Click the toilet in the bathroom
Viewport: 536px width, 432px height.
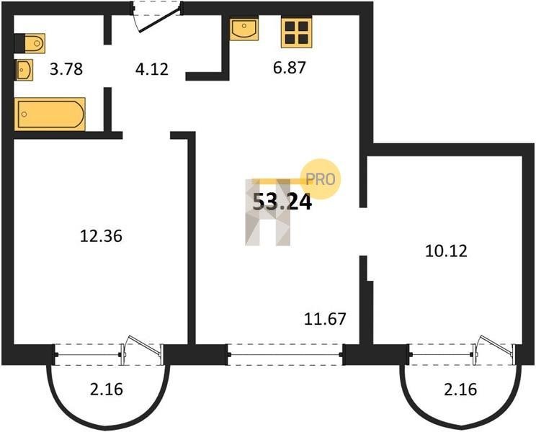(x=30, y=43)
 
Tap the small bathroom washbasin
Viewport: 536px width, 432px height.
(x=24, y=70)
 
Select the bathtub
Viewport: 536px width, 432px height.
(x=50, y=114)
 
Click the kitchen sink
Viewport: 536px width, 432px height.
(x=244, y=30)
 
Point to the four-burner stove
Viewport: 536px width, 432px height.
(x=296, y=33)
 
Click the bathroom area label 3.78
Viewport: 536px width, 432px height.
(x=66, y=69)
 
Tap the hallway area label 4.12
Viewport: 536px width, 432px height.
(x=152, y=69)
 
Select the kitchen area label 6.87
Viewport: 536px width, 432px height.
(x=289, y=67)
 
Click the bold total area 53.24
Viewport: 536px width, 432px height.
(x=282, y=202)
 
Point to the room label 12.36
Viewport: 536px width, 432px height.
(x=101, y=236)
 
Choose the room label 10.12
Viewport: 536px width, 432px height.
(x=446, y=251)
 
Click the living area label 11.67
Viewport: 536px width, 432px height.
(x=325, y=319)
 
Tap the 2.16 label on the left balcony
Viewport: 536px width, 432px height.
(x=107, y=390)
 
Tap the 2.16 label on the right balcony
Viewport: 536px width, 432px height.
(x=460, y=390)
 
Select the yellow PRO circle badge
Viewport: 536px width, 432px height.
(x=321, y=179)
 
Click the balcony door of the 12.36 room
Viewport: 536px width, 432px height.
(x=143, y=351)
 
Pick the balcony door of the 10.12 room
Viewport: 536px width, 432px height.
(x=494, y=351)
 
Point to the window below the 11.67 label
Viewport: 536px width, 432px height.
(x=285, y=355)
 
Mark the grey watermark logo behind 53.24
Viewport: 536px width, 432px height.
(x=268, y=212)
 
